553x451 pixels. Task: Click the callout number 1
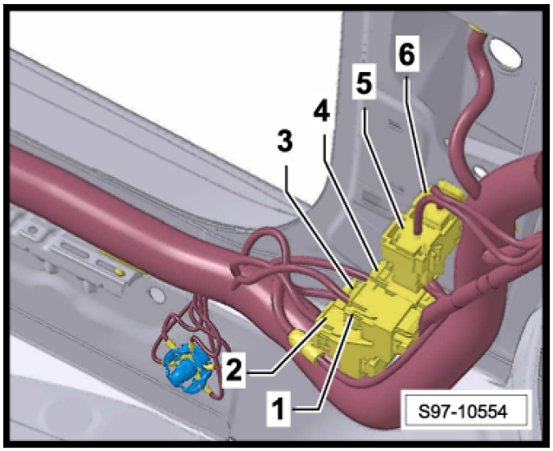coord(279,409)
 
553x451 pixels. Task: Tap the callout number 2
coord(234,368)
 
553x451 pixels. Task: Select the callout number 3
coord(285,141)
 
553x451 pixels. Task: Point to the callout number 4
coord(322,109)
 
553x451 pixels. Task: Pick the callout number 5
coord(365,84)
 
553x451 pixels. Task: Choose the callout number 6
coord(407,53)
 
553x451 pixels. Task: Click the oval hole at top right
coord(505,53)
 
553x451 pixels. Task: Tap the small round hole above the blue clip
coord(157,295)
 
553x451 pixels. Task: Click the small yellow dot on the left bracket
coord(120,271)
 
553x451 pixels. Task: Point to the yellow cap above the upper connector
coord(451,190)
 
